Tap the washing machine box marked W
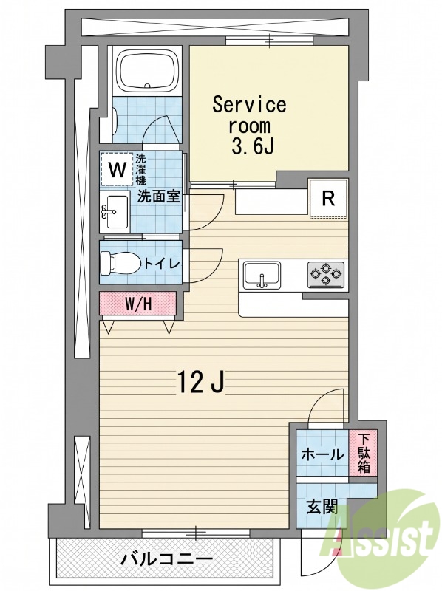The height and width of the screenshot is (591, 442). point(117,170)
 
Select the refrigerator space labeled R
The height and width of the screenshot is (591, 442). point(328,199)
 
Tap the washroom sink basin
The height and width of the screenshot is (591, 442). point(115,212)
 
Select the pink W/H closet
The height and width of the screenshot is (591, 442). point(138,304)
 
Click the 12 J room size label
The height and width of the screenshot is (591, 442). point(202,381)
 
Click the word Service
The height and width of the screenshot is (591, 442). point(249,105)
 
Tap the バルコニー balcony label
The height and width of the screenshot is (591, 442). point(166,558)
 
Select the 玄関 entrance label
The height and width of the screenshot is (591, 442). point(322,507)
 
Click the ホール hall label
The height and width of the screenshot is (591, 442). point(322,454)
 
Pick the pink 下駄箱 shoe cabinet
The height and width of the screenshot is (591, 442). point(363,454)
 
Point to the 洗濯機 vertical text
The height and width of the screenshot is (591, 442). point(140,169)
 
